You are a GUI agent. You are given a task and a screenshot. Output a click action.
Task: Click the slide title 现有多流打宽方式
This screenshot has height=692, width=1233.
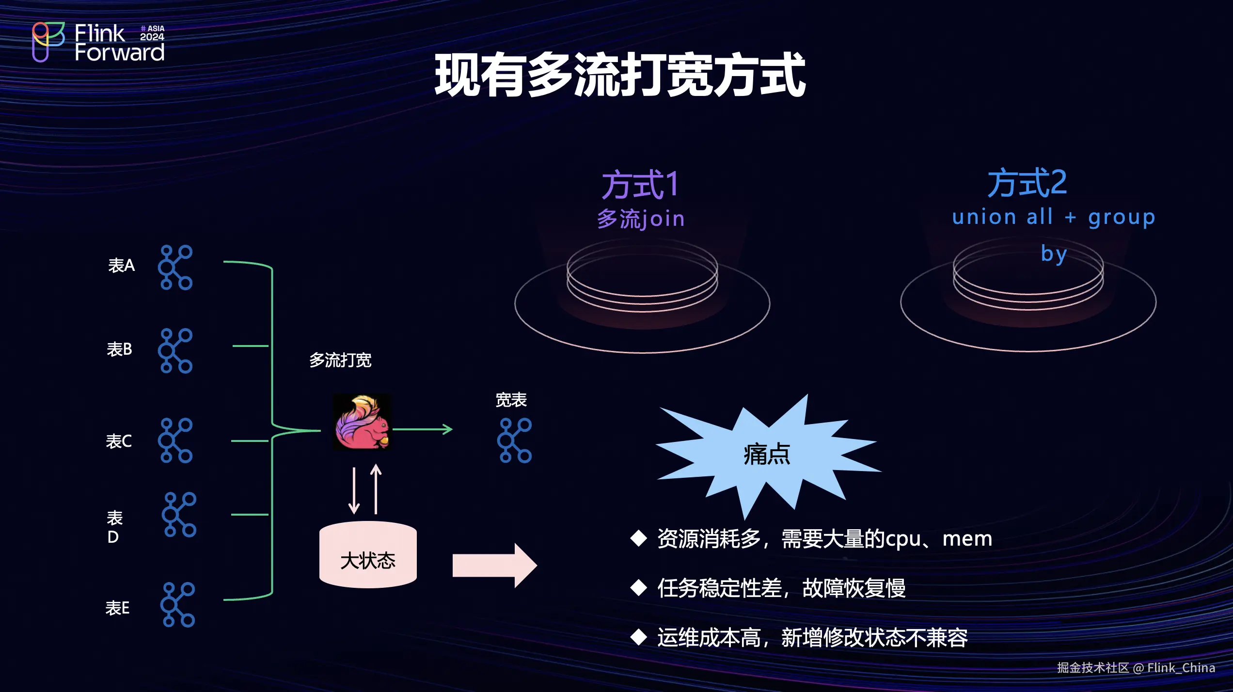point(620,75)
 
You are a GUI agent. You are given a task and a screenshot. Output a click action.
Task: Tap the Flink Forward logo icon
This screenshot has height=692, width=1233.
point(47,42)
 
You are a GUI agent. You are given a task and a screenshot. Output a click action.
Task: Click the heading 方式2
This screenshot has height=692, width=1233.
point(1027,183)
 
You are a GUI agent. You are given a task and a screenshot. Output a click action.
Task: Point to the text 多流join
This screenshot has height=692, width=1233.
point(641,219)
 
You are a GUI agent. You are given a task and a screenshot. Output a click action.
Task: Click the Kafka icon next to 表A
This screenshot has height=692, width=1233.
point(175,267)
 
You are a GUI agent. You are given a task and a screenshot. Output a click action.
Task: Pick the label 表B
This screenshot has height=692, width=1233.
point(119,349)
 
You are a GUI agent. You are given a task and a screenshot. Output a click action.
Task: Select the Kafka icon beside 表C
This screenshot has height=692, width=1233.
point(175,440)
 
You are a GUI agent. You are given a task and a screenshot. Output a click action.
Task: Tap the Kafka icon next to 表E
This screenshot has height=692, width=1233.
point(178,604)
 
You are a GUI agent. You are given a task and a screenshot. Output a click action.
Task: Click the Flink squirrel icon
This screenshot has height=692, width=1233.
point(362,422)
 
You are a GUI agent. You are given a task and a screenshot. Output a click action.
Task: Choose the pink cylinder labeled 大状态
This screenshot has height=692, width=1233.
point(368,555)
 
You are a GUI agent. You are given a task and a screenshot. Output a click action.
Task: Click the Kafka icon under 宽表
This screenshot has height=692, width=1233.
point(515,440)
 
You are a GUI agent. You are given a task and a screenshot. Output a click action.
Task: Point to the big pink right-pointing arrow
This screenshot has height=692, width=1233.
point(494,566)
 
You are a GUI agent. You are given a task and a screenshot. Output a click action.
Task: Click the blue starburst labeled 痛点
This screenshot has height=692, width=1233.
point(767,454)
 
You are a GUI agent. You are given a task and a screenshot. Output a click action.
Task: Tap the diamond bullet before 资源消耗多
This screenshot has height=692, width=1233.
point(639,538)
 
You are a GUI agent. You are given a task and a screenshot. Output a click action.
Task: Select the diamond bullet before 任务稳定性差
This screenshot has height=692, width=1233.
point(639,588)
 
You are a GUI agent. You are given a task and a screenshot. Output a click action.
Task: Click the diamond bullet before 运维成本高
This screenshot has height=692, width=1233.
point(639,637)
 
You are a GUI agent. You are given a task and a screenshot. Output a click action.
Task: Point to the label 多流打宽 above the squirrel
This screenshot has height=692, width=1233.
point(340,360)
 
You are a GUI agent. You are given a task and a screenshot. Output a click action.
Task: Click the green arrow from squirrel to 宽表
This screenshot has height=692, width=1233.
point(422,429)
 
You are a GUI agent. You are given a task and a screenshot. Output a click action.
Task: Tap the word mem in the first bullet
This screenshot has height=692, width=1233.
point(967,539)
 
